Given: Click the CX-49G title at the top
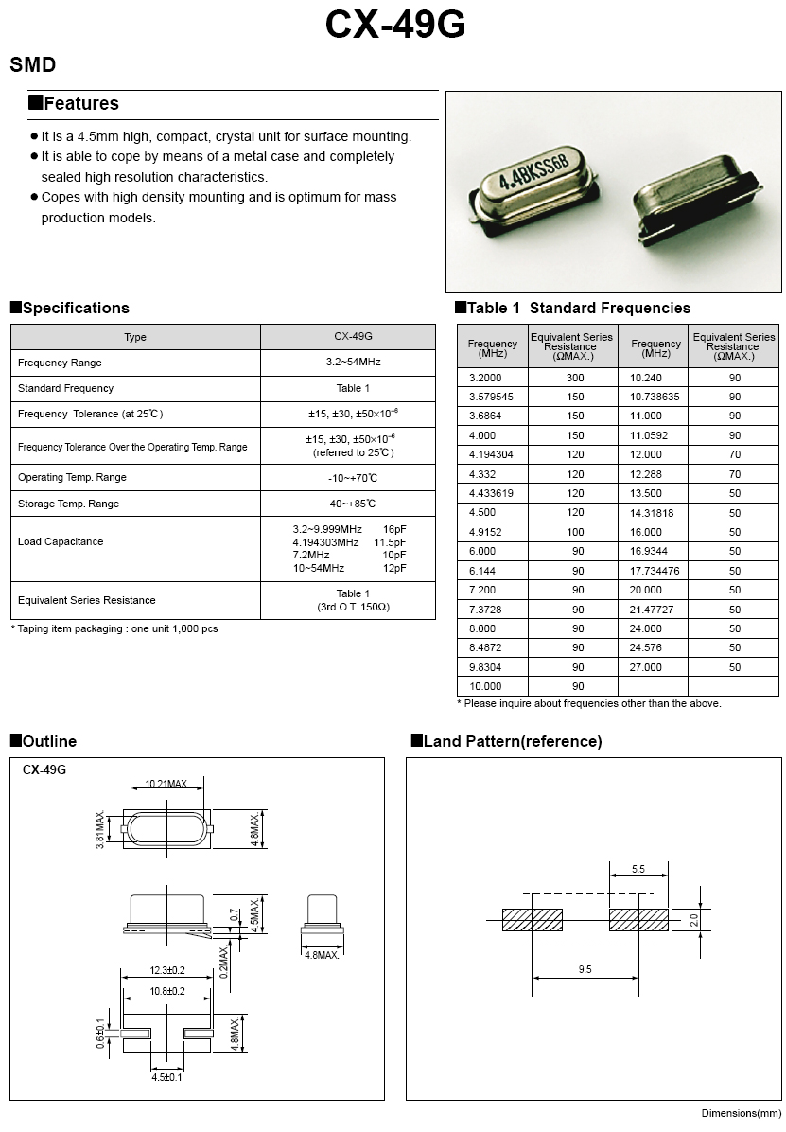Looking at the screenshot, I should (x=394, y=26).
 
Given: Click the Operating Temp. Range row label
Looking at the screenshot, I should (x=72, y=477).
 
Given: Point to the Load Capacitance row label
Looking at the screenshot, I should (x=61, y=541).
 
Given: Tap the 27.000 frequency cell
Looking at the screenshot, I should (x=646, y=667).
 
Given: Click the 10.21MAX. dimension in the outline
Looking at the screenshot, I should (x=166, y=785).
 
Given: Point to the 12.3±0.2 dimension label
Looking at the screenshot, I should (x=166, y=971).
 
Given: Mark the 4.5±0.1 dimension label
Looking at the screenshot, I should (x=166, y=1077).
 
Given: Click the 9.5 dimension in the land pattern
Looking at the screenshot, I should (x=585, y=970).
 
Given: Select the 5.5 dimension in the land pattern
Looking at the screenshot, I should (x=638, y=869).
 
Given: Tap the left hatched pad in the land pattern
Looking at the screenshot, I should (x=532, y=919).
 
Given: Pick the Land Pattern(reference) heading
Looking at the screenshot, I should (x=512, y=741).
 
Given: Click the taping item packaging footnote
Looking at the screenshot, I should (x=114, y=628).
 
